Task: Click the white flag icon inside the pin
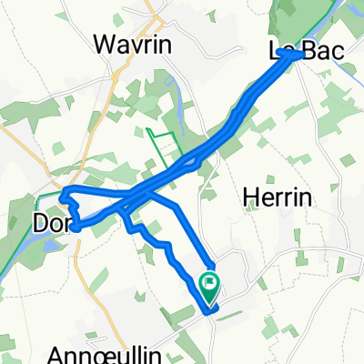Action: pyautogui.click(x=210, y=283)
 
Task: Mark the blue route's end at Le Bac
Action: pyautogui.click(x=298, y=55)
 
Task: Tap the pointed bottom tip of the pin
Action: pyautogui.click(x=210, y=303)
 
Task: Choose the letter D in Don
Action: pyautogui.click(x=41, y=222)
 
